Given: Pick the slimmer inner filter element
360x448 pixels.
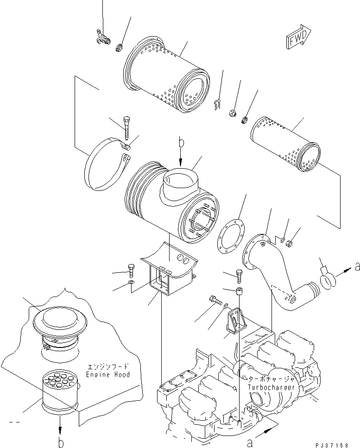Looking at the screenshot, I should (x=285, y=144).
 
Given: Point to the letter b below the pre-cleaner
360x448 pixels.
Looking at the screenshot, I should (x=61, y=443).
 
